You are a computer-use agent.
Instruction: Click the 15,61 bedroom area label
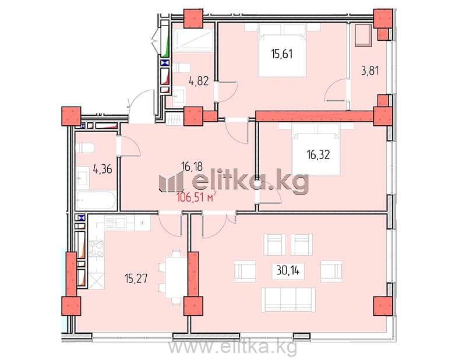click(282, 54)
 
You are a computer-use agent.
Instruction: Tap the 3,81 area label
click(370, 71)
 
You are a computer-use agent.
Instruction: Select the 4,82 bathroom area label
click(199, 81)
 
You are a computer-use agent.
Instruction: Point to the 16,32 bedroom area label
click(318, 155)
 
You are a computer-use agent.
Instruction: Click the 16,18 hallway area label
click(192, 167)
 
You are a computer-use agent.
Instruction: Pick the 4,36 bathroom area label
click(103, 170)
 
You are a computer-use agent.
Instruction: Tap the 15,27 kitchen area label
click(136, 279)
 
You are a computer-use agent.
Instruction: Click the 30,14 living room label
click(288, 270)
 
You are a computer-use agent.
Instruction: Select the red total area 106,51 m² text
click(196, 197)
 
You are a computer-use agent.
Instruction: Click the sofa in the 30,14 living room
click(288, 299)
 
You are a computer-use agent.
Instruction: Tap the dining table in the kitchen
click(176, 277)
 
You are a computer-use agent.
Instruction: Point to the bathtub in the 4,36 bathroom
click(96, 200)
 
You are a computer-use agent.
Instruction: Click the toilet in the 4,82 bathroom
click(181, 68)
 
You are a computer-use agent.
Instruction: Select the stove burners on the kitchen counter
click(97, 249)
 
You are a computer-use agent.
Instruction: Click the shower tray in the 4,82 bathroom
click(193, 40)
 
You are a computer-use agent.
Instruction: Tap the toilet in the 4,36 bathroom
click(84, 148)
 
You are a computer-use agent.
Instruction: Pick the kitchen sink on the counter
click(115, 223)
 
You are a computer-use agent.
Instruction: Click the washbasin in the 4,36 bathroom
click(82, 178)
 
